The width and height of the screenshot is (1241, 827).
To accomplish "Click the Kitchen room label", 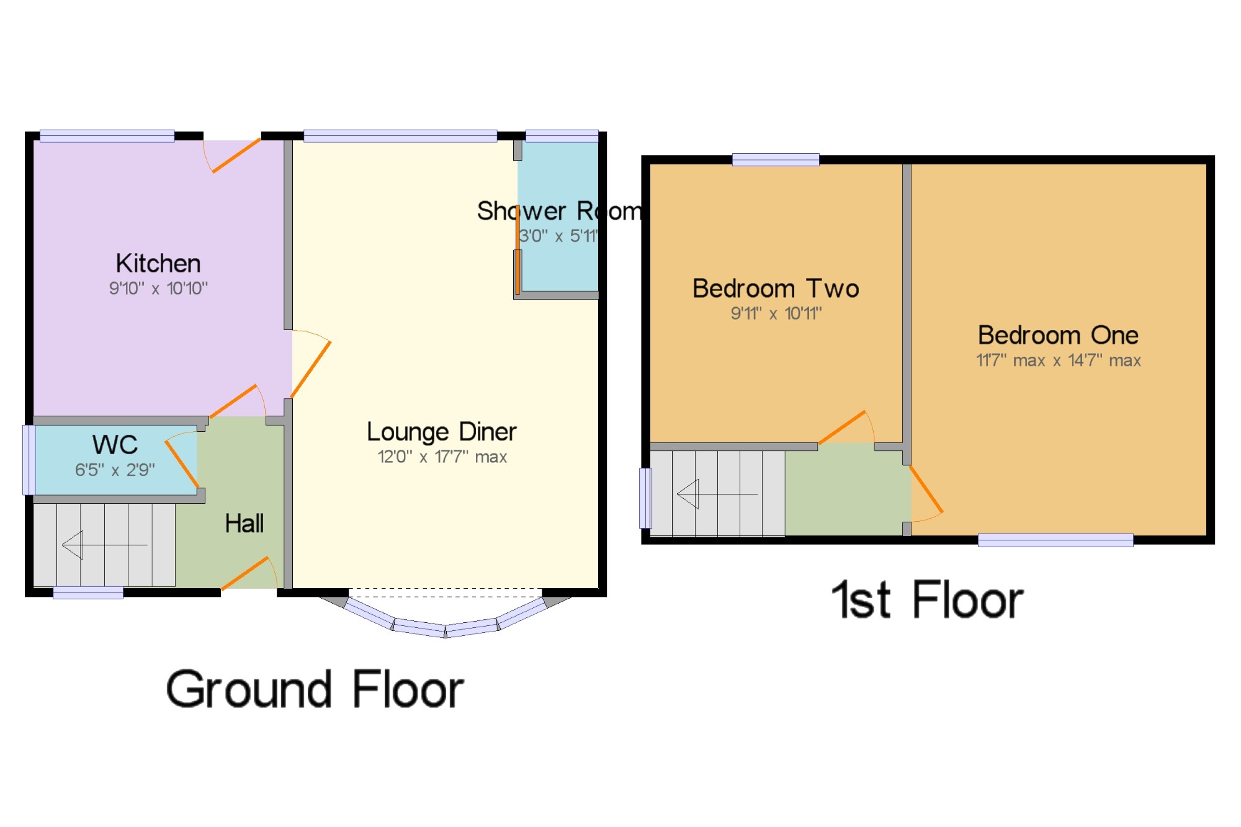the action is coord(158,264).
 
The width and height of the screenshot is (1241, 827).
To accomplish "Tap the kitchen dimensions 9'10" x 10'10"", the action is coord(158,288).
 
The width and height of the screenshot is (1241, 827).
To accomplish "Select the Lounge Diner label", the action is coord(441,432).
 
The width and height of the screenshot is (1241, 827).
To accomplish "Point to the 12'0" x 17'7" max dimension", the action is coord(442,457).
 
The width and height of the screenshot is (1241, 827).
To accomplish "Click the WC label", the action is coord(115,445).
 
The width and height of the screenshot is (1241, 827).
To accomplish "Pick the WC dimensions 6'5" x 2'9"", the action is coord(115,470).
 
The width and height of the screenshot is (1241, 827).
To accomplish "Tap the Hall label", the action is coord(244,524).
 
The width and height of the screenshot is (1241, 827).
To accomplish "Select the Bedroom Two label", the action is coord(776,288).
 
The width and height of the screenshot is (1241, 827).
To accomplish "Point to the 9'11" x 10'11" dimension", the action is coord(776,313).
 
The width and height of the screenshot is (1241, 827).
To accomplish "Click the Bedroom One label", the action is coord(1058,336).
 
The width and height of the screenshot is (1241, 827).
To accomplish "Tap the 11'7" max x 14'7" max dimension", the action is coord(1058,360).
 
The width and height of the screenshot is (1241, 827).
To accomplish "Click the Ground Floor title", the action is coord(315,690).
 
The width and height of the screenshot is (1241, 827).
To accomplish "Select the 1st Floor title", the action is coord(928,600).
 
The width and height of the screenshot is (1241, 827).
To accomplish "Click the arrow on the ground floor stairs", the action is coord(104,545).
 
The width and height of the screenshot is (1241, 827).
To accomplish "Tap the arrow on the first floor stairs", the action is coord(717,494).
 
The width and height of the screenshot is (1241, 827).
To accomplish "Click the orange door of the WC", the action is coord(182,464).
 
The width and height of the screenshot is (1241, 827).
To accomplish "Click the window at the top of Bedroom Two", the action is coord(776,160).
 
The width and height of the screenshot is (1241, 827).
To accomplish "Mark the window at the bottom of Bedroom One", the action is coord(1055,540).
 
